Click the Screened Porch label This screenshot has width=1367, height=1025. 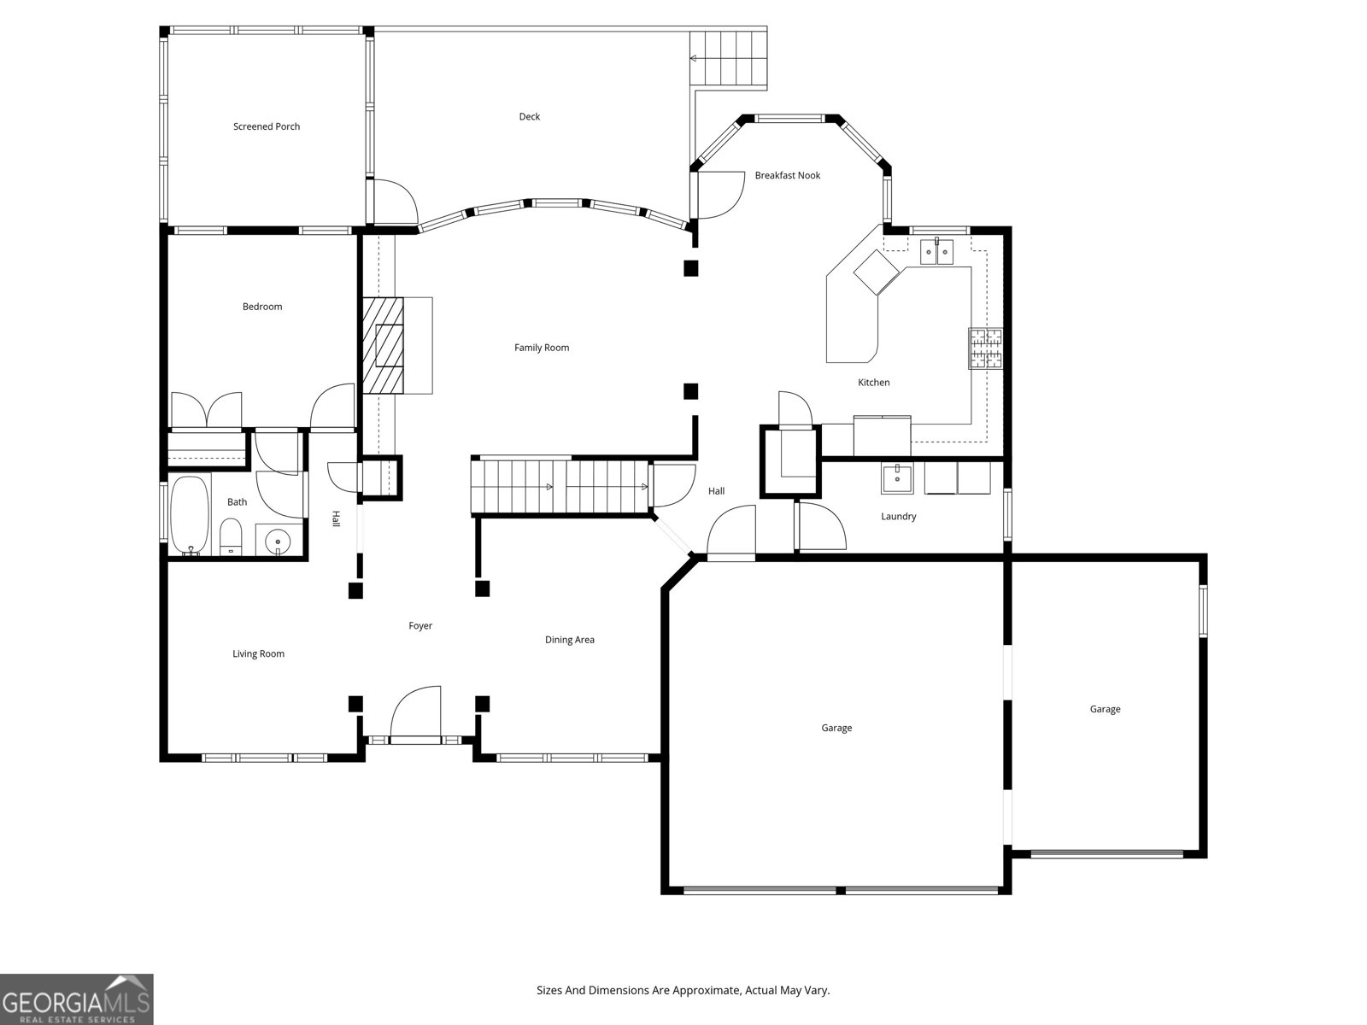[267, 126]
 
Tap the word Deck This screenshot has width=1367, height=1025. [529, 117]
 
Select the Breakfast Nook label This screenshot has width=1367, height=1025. [787, 175]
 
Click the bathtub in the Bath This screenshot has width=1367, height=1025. [190, 515]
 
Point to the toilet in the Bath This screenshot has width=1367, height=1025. [231, 538]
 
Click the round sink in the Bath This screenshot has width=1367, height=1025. [279, 542]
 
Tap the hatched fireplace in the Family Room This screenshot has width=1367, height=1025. [382, 345]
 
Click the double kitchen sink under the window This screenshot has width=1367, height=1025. [936, 252]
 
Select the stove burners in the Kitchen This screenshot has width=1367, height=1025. [985, 348]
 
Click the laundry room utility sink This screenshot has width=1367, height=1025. [897, 478]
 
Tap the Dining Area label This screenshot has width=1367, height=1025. [570, 640]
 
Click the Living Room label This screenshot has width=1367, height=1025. [258, 654]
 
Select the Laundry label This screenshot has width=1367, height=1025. [898, 517]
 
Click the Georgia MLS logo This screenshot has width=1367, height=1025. [77, 999]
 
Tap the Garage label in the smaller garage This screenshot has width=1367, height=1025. [1105, 709]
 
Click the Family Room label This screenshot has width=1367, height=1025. [542, 348]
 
